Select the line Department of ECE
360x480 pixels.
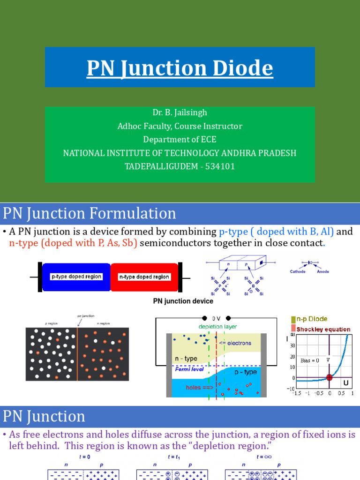tap(180, 140)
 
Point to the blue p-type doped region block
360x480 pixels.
tap(76, 277)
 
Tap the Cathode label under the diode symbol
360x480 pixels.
tap(298, 271)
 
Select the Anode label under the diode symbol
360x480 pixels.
tap(323, 271)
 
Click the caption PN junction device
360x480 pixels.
tap(183, 301)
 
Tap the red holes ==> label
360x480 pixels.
tap(200, 388)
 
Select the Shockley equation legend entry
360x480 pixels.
tap(323, 329)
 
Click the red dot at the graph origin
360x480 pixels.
tap(330, 377)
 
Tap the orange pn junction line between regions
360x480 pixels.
tap(78, 354)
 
